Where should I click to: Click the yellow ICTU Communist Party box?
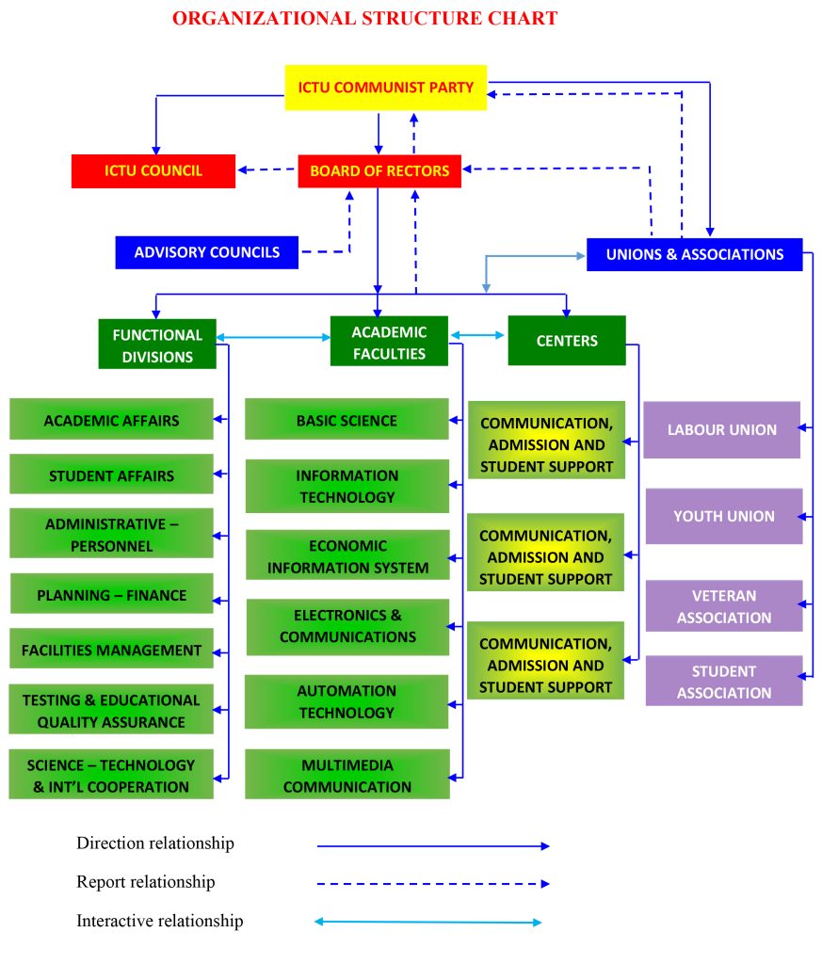point(385,88)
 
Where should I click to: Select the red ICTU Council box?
point(153,171)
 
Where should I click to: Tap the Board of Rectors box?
point(379,171)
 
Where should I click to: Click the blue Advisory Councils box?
point(206,252)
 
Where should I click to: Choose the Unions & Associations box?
point(694,254)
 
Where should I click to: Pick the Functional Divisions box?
point(157,345)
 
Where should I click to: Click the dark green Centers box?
point(567,341)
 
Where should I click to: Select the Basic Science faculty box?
point(347,420)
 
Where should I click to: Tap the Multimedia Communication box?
point(347,775)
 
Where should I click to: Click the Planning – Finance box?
point(111,595)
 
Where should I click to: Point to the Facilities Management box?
point(111,650)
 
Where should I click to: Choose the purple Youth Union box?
point(723,516)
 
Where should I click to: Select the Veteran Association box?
point(723,606)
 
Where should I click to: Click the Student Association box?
point(723,682)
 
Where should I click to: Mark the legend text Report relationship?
point(146,882)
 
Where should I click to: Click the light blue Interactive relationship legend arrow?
point(428,922)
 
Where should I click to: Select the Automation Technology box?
point(347,701)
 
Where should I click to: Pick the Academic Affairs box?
point(111,420)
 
